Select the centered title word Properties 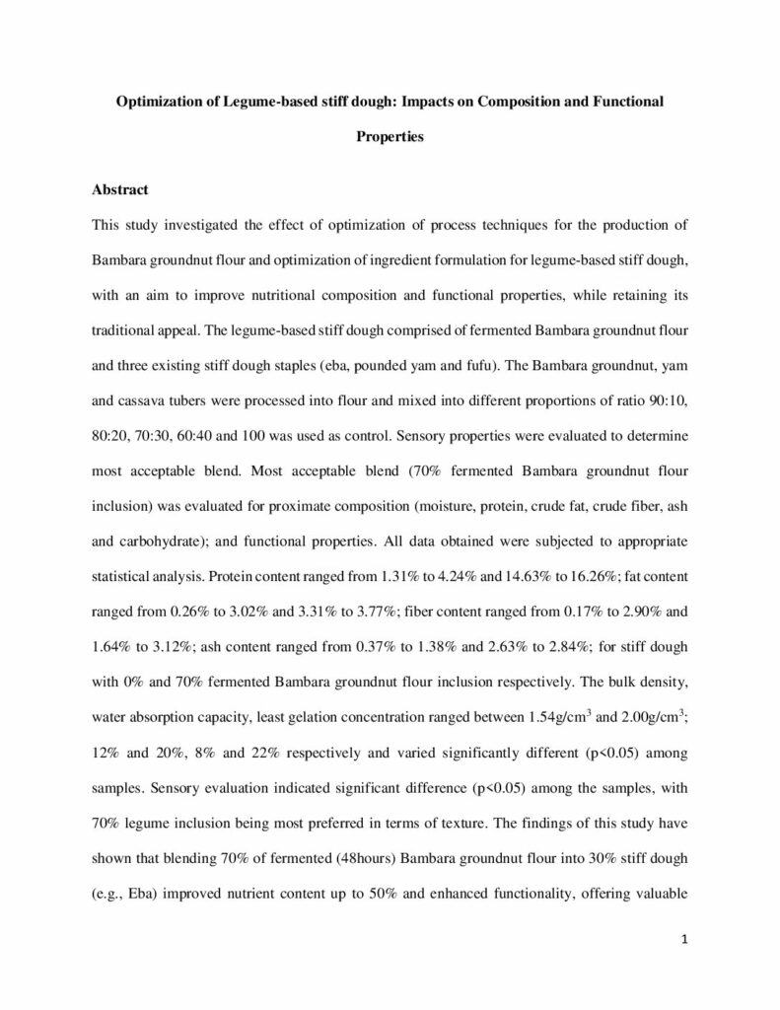click(x=390, y=137)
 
